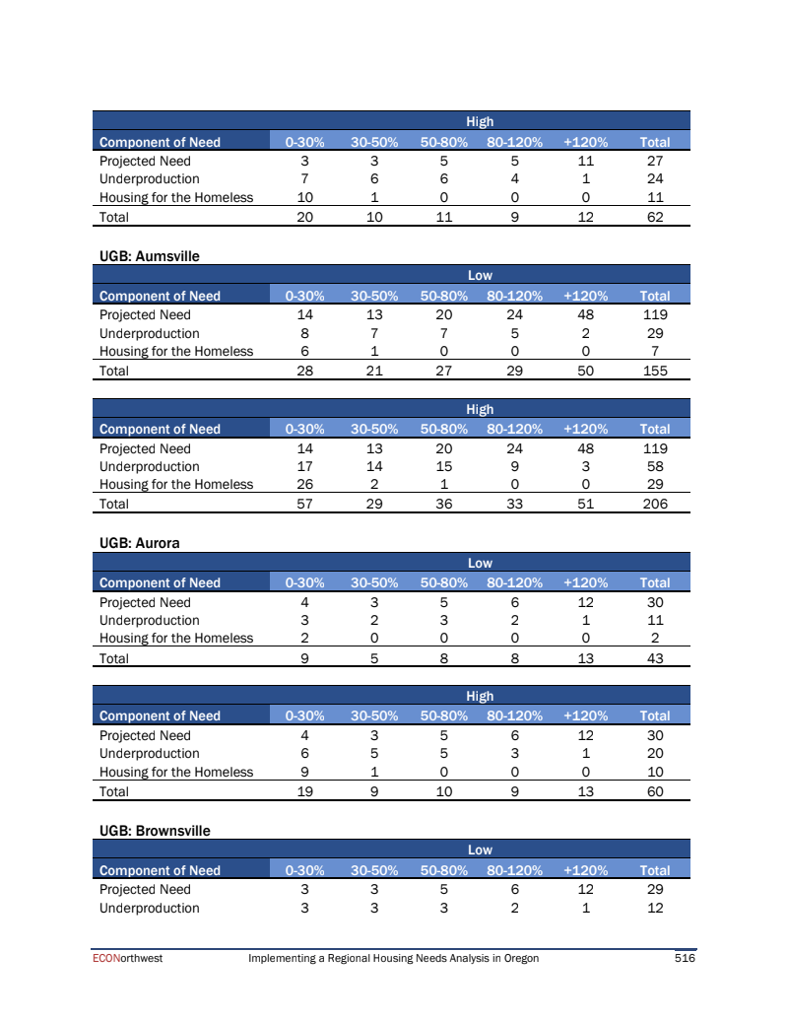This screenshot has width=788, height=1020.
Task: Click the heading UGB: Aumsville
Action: [149, 256]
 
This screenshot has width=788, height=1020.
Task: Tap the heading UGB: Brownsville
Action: [155, 831]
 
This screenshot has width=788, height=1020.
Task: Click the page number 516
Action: [685, 958]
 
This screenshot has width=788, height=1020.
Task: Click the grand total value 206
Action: [654, 504]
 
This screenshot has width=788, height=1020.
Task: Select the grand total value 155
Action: [654, 371]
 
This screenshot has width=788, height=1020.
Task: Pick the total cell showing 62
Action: [654, 217]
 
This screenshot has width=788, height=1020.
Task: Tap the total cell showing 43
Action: [654, 657]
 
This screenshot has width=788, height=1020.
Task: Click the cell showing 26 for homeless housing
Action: [304, 484]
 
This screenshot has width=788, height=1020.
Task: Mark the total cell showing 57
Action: [304, 504]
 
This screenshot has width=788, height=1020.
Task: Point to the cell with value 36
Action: [443, 504]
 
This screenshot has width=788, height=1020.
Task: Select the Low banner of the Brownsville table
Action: [480, 850]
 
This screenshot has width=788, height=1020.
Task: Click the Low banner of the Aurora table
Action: [480, 563]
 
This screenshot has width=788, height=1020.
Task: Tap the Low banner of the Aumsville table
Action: [480, 276]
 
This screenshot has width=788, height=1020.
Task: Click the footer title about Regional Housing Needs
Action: [394, 958]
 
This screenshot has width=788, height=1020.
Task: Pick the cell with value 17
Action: [304, 466]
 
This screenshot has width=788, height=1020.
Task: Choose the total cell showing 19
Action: [304, 790]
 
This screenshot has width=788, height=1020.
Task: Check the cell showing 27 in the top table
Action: [654, 161]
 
